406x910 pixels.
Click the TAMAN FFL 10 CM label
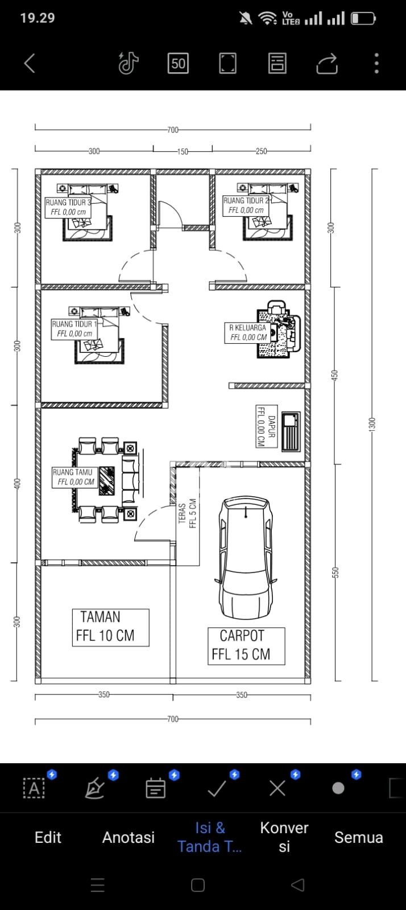point(110,627)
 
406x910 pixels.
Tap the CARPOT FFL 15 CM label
point(246,646)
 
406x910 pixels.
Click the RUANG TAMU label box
point(74,477)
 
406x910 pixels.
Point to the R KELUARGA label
point(248,333)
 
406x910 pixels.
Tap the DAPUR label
point(266,426)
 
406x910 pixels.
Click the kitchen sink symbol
point(291,431)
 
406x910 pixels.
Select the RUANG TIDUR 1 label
point(74,329)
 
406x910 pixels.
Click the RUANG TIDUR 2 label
point(246,205)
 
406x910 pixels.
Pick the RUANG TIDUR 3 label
point(68,207)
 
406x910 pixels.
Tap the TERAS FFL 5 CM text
point(187,513)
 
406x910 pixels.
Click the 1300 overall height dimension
point(373,425)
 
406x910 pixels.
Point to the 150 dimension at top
point(183,151)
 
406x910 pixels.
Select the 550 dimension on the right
point(335,573)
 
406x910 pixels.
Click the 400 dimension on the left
point(17,483)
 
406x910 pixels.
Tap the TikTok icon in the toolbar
point(129,63)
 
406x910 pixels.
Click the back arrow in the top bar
point(30,63)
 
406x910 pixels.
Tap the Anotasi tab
point(129,837)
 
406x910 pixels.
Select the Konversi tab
point(284,837)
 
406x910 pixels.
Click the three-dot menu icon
point(377,63)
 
